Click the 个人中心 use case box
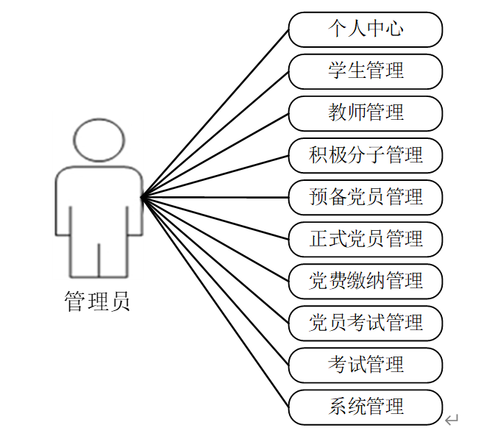[x=366, y=29]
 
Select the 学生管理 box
[x=366, y=71]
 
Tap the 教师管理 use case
[x=366, y=113]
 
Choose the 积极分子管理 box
[x=366, y=155]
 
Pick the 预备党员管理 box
[x=366, y=197]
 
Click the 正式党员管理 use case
[x=366, y=239]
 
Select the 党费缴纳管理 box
[x=366, y=281]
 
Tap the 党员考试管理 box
[x=366, y=323]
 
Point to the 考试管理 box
[x=366, y=365]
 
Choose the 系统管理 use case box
[x=366, y=407]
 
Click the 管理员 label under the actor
[x=98, y=301]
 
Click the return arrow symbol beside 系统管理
[x=452, y=420]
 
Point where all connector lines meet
[x=141, y=196]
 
